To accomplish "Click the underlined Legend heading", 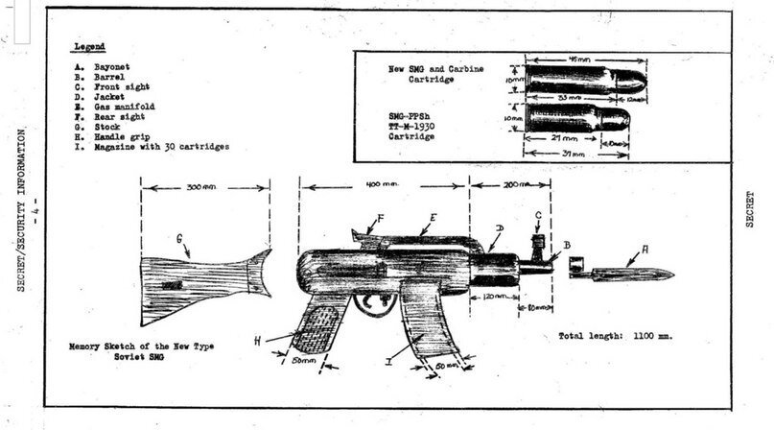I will click(89, 46).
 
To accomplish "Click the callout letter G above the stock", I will click(179, 238).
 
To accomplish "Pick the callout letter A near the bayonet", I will click(645, 249).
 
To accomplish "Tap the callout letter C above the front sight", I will click(538, 215).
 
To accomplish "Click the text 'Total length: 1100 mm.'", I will click(616, 337).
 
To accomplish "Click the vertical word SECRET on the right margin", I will click(751, 206).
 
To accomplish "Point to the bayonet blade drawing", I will click(628, 275).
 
